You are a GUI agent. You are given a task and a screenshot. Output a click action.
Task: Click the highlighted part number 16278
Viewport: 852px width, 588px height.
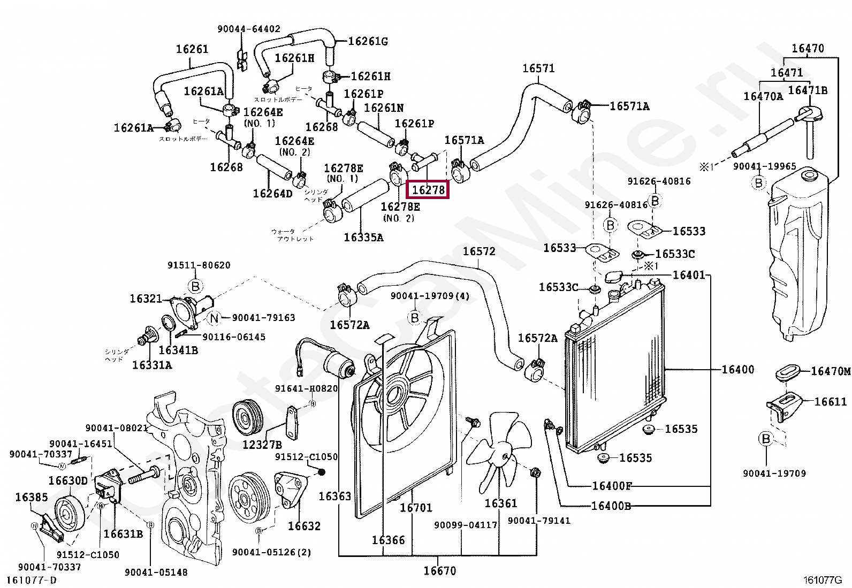click(428, 189)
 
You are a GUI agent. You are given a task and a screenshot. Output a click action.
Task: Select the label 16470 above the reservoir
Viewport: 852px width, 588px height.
click(808, 49)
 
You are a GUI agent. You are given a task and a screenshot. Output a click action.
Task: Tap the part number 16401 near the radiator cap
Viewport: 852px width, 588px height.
click(689, 275)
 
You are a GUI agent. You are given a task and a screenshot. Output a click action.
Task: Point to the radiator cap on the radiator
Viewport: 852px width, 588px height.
click(613, 277)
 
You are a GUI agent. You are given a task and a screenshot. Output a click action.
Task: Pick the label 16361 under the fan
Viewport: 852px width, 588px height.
click(501, 503)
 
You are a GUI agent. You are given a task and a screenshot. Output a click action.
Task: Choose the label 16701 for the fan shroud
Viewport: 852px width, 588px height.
click(416, 507)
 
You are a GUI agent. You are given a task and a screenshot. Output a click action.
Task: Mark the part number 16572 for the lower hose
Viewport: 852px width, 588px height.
click(479, 251)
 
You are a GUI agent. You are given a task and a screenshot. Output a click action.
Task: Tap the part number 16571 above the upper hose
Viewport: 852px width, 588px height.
click(538, 68)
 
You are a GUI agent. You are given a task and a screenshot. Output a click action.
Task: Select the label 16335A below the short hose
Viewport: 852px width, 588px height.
click(363, 237)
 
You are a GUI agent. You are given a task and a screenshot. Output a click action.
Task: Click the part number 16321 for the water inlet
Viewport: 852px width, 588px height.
click(146, 299)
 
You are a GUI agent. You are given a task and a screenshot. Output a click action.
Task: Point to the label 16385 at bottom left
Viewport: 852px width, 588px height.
click(32, 497)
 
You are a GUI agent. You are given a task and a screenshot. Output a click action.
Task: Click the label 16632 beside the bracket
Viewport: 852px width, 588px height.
click(304, 526)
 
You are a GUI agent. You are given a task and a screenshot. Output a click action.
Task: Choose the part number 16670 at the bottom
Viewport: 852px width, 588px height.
click(440, 571)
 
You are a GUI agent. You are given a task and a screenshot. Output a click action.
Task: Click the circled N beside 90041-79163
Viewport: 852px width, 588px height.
click(214, 318)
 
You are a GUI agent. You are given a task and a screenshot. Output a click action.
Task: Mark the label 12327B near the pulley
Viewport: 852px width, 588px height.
click(262, 444)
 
